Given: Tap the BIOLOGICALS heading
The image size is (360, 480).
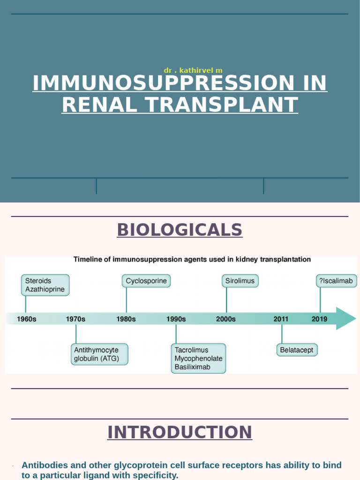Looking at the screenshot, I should (x=180, y=230).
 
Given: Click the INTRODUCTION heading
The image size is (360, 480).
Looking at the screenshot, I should (x=180, y=432).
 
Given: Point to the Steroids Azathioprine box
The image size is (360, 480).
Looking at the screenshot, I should (x=45, y=285).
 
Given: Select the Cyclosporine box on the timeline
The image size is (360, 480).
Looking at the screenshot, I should (x=146, y=281).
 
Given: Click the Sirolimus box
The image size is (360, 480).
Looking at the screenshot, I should (x=240, y=281).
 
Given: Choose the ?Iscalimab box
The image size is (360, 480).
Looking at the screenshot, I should (x=336, y=281).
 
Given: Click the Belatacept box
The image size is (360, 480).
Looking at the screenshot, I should (x=297, y=350).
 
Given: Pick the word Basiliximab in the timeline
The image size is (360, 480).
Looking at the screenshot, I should (x=193, y=367).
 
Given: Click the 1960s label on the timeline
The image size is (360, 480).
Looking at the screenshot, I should (x=27, y=319).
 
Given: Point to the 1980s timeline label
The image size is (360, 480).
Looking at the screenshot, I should (x=126, y=319).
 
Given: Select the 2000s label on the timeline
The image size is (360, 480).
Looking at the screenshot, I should (x=226, y=319).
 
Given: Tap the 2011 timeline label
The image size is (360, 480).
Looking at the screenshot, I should (x=281, y=319).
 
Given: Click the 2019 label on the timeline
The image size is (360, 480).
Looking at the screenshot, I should (x=320, y=319).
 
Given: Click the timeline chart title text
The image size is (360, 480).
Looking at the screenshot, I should (x=192, y=259).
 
